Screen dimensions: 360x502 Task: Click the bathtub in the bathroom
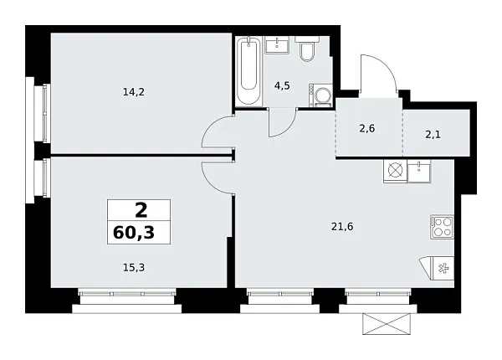coord(248,72)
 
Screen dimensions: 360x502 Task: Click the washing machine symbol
coord(320,95)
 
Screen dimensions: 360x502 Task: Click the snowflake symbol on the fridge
coord(443,268)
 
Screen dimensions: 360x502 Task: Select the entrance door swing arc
coord(378,75)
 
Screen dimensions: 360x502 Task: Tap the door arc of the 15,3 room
coord(217,177)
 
